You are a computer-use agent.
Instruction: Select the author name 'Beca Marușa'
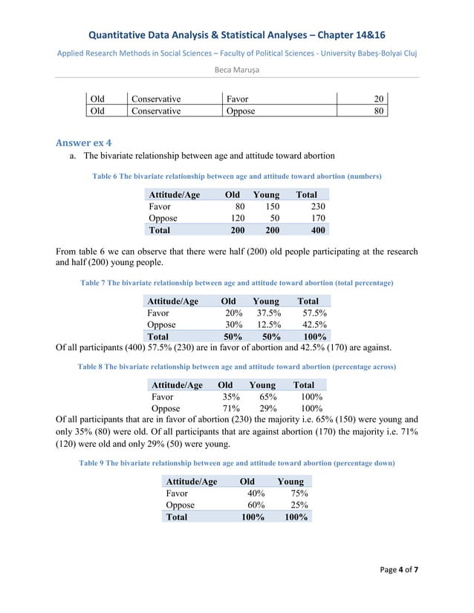[x=236, y=70]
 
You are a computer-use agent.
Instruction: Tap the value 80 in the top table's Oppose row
[x=378, y=111]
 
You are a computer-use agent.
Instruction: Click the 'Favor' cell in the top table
[x=238, y=98]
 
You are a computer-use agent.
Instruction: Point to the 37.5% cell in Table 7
[x=267, y=313]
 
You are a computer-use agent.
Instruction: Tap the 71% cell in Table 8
[x=230, y=408]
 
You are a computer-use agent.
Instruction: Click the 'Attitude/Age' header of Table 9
[x=191, y=481]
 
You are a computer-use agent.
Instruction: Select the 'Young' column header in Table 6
[x=266, y=194]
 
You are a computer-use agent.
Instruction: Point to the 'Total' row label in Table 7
[x=161, y=337]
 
